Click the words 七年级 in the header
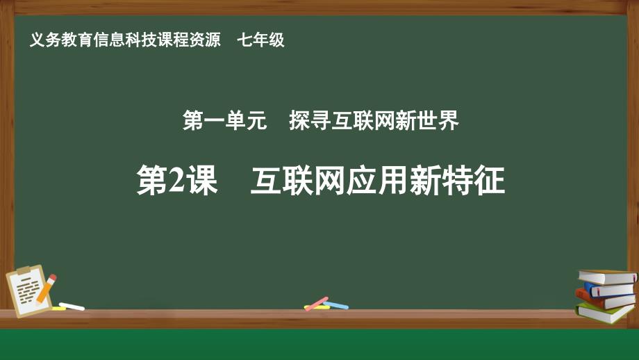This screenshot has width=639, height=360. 261,40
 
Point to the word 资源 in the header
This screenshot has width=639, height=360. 205,40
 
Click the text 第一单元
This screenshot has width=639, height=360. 224,120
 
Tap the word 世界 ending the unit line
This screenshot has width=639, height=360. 438,120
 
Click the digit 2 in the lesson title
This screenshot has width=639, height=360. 176,181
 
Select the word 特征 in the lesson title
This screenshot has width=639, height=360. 474,181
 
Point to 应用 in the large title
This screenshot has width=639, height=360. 378,181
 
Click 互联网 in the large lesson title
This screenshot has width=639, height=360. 299,181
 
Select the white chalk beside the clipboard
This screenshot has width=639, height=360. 72,306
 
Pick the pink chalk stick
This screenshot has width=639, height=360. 317,304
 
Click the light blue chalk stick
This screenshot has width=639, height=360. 336,305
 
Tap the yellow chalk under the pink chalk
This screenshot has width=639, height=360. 317,307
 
